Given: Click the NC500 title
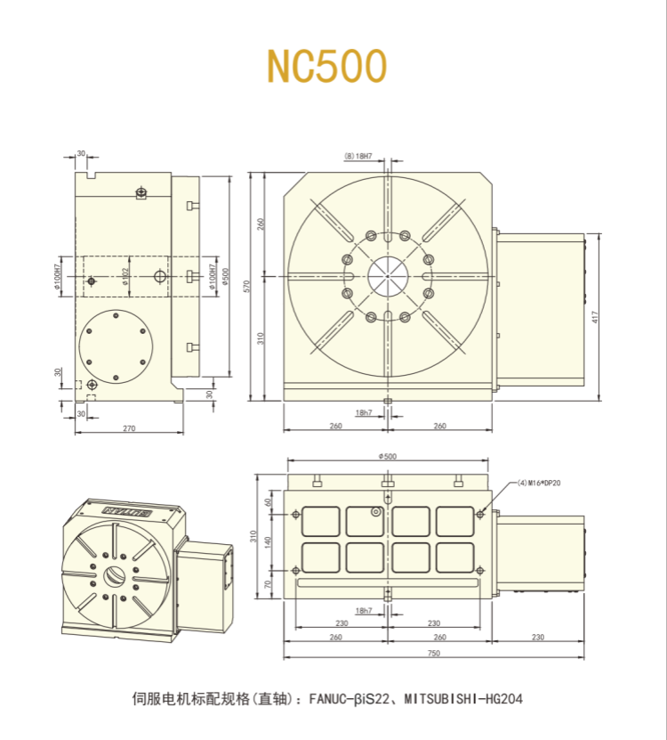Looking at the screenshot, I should (x=326, y=66).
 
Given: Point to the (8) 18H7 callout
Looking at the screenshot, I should (x=358, y=156).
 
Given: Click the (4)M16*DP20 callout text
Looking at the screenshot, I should (x=539, y=483).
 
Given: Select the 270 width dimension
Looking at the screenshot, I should (x=128, y=428).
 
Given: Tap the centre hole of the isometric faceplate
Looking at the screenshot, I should (x=114, y=576).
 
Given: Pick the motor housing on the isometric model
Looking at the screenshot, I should (x=205, y=570).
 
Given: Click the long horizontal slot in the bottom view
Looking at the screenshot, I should (x=388, y=582).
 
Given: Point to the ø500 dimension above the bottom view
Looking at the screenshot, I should (x=388, y=455).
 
